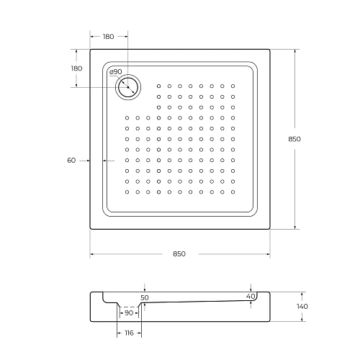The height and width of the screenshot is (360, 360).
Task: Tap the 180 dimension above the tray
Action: [x=109, y=36]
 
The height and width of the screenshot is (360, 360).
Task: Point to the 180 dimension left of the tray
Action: [x=76, y=68]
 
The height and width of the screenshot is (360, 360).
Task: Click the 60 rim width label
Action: [x=71, y=160]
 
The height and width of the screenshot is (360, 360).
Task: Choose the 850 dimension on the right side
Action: [x=293, y=139]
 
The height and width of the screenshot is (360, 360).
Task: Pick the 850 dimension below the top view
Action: [x=179, y=253]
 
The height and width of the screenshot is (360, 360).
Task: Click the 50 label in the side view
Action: [x=145, y=297]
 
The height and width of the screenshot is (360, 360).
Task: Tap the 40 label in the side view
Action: [x=250, y=297]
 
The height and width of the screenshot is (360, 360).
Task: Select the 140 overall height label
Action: [x=302, y=307]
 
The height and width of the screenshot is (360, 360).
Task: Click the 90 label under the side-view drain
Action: [x=129, y=313]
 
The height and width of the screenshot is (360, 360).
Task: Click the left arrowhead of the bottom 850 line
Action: [x=91, y=253]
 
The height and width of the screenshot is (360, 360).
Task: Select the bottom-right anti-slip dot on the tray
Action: [x=233, y=192]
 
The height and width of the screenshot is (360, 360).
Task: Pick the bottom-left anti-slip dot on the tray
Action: [x=127, y=192]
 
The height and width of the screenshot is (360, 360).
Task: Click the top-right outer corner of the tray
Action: [x=269, y=49]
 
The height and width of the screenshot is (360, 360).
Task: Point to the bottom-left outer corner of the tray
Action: [x=90, y=230]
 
